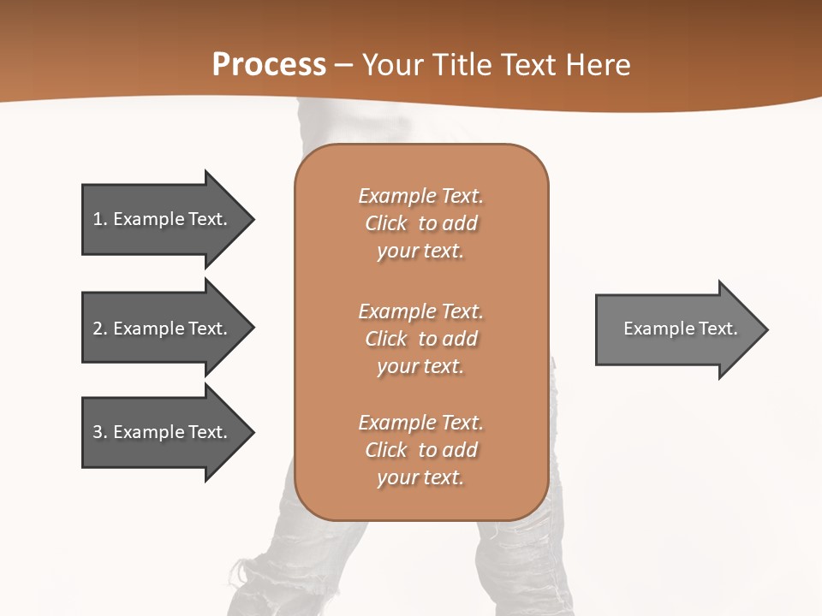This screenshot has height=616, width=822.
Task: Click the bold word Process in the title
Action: pyautogui.click(x=269, y=65)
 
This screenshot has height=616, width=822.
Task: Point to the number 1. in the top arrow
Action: pyautogui.click(x=100, y=219)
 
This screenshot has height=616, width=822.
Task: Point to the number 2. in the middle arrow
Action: pyautogui.click(x=100, y=329)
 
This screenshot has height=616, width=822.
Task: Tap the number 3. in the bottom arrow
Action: pyautogui.click(x=100, y=432)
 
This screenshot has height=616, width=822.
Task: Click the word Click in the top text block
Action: pyautogui.click(x=386, y=223)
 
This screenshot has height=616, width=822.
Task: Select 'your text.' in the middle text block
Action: pyautogui.click(x=420, y=366)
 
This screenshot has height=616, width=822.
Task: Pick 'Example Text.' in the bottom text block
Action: pyautogui.click(x=420, y=423)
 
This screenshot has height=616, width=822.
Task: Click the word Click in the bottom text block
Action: pyautogui.click(x=386, y=450)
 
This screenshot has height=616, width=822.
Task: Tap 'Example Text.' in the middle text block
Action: pyautogui.click(x=420, y=311)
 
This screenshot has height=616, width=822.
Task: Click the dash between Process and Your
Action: pyautogui.click(x=344, y=65)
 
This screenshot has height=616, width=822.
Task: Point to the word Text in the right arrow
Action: pyautogui.click(x=718, y=329)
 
